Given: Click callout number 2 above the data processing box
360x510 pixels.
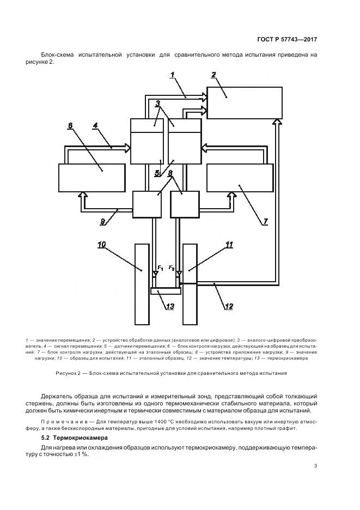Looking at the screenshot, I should coord(213,75).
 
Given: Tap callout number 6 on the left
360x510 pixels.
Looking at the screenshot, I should coord(70,126).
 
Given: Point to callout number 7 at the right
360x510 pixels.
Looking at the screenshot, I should coord(265,222).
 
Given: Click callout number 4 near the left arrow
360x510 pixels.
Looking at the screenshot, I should coord(95,126).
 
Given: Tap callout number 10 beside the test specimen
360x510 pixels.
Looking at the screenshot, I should coord(102,245).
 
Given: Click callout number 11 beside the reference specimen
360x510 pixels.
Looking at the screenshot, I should coord(229,245).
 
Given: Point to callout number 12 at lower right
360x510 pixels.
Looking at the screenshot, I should coord(229,306).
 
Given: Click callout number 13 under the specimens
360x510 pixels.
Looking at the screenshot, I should coord(170,306).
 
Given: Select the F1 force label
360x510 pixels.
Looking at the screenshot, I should coord(160,268).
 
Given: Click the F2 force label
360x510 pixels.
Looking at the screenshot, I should coord(171,268).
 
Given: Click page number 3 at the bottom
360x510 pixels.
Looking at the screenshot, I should coord(316,465).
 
